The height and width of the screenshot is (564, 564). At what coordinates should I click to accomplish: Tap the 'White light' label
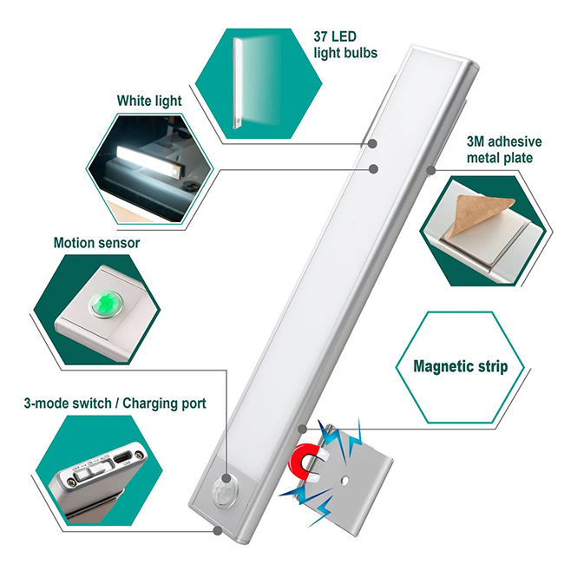[x=149, y=101]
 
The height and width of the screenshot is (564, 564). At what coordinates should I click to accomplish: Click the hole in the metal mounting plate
[x=345, y=479]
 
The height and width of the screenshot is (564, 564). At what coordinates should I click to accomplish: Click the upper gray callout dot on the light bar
[x=372, y=144]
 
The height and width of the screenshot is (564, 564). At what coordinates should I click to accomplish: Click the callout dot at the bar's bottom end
[x=217, y=527]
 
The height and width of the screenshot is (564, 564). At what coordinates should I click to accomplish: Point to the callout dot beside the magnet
[x=300, y=427]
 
